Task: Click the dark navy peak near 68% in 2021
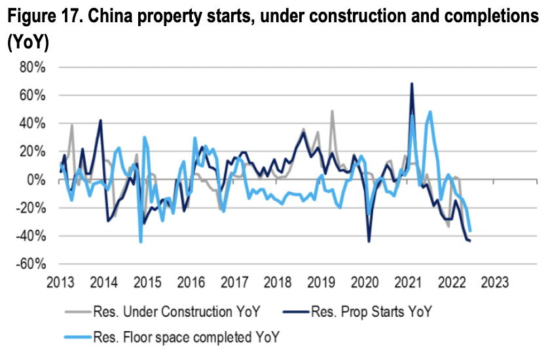pos(411,84)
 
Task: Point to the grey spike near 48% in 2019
pos(333,111)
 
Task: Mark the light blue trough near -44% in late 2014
pos(140,242)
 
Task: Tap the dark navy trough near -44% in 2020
pos(369,242)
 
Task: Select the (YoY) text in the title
pos(28,43)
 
